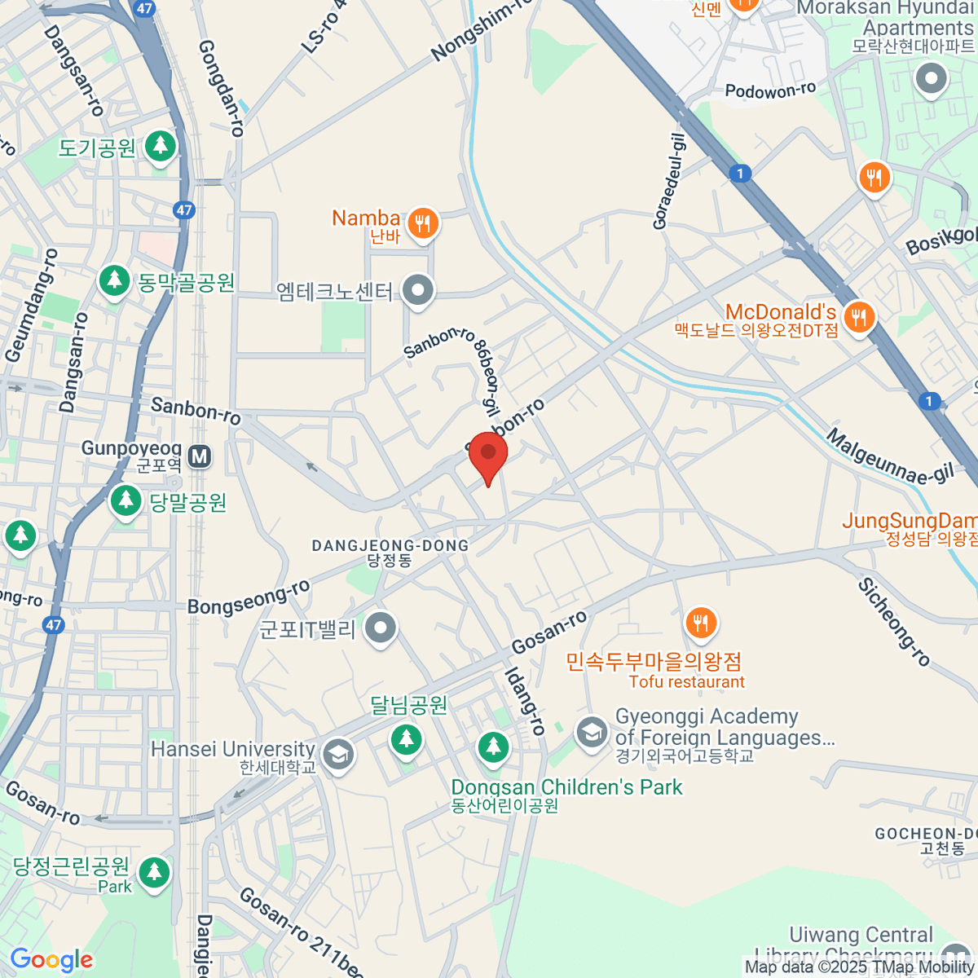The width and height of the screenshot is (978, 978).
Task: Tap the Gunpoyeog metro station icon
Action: point(200,456)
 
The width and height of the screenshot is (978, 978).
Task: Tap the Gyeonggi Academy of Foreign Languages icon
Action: point(592,732)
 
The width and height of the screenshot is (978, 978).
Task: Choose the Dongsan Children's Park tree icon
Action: point(493,747)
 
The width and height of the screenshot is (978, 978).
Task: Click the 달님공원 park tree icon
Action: point(406,739)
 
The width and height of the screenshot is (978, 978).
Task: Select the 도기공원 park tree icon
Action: point(161,147)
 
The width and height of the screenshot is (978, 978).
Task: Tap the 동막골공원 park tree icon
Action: point(115,281)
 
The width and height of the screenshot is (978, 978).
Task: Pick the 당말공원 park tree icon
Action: point(126,500)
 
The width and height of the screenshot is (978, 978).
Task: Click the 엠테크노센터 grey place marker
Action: point(419,290)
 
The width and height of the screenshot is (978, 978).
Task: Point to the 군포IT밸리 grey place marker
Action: point(380,628)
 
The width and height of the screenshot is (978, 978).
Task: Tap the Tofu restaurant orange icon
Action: point(701,623)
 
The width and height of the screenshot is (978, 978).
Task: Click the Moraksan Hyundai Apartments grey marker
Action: point(932,80)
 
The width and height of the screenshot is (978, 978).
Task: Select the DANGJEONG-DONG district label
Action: point(390,545)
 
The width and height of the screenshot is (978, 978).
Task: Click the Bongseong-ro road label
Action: point(249,597)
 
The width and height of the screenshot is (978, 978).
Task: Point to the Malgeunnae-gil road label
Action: point(890,457)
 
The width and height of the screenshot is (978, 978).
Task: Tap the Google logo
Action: point(52,960)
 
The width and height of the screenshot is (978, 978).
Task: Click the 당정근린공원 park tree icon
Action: point(153,872)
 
